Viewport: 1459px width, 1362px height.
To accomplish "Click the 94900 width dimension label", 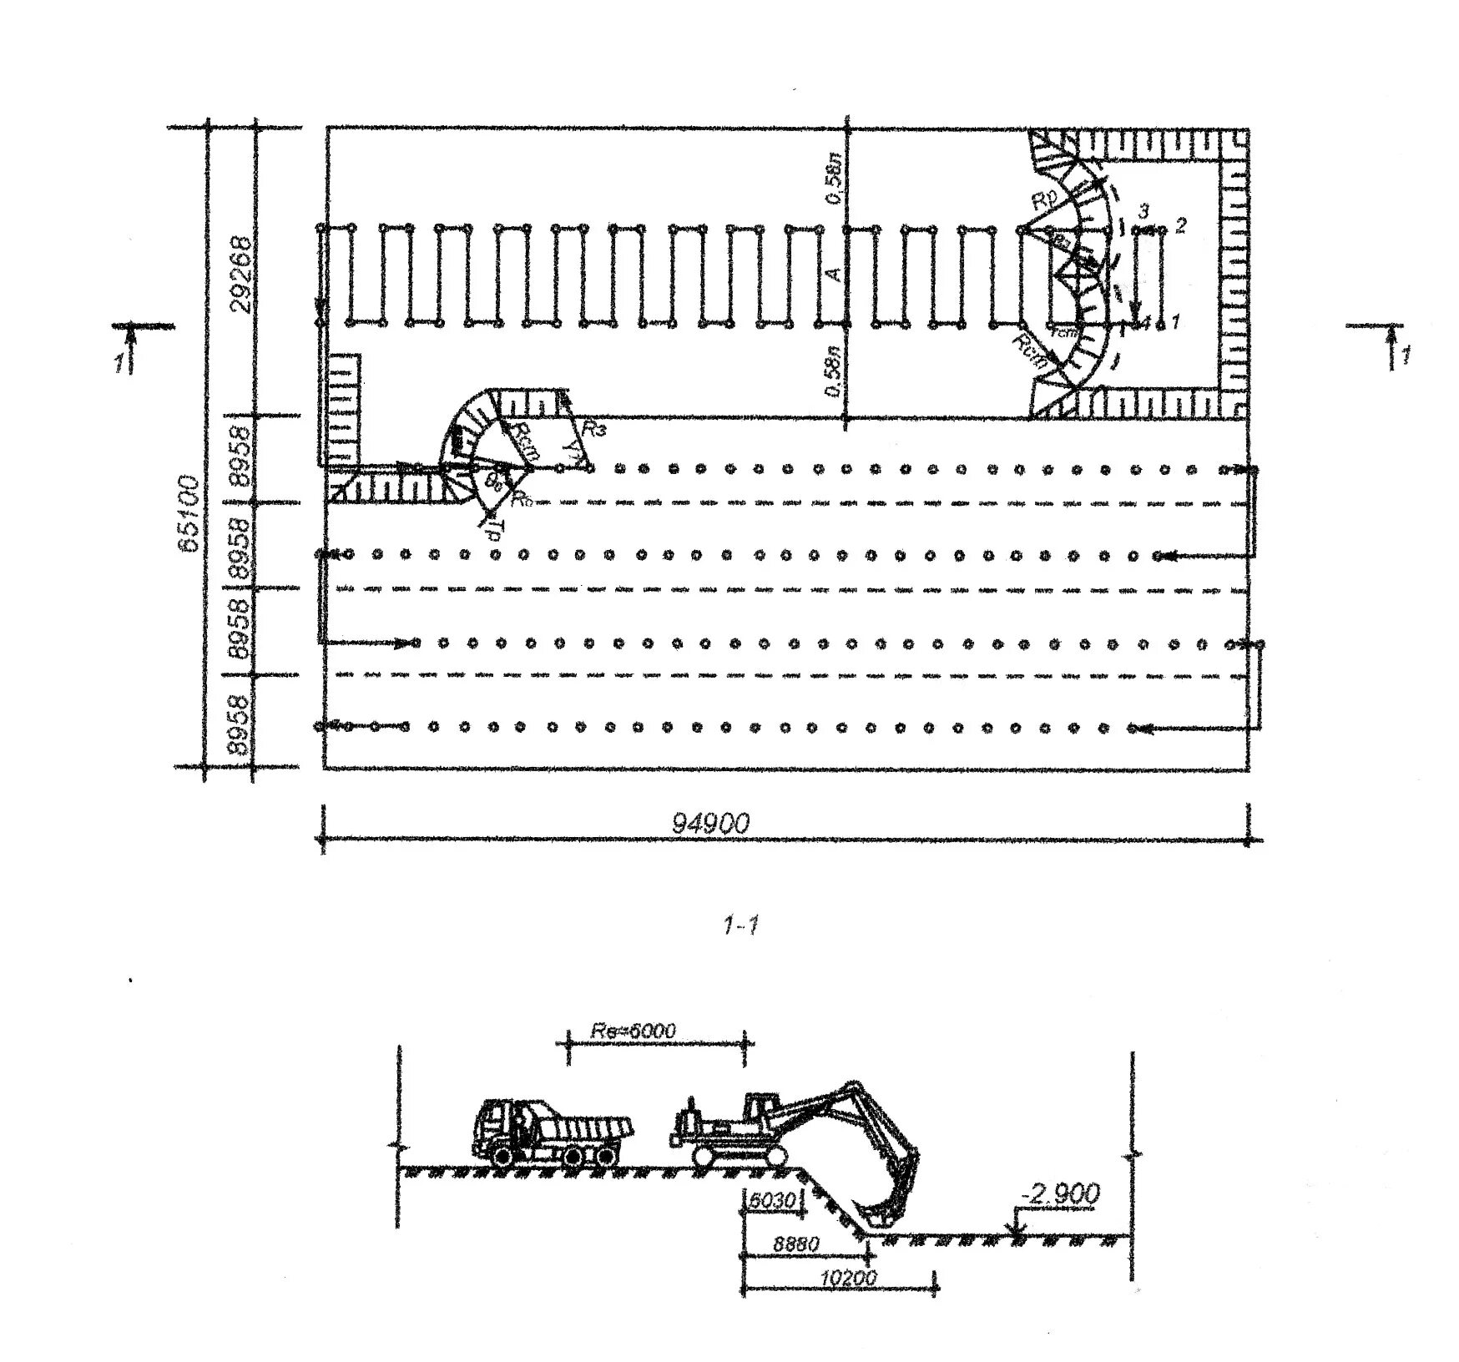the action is [710, 823].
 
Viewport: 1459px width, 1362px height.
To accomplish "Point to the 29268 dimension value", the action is [240, 274].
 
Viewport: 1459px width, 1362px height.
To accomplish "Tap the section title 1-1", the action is [740, 925].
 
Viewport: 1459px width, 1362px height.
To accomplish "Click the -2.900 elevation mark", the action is [1060, 1193].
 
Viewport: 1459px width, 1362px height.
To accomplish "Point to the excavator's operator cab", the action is [759, 1109].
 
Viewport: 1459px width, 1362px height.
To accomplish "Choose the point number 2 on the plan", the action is [1180, 224].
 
